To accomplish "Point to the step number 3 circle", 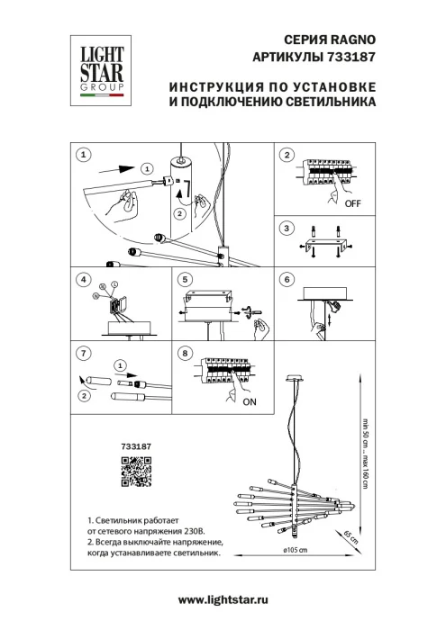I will [x=287, y=229].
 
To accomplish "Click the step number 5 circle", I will [x=185, y=280].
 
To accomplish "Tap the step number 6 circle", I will [x=287, y=280].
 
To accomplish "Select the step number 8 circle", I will [x=185, y=353].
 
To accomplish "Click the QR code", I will [x=135, y=472].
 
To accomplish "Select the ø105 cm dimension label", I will [x=296, y=550].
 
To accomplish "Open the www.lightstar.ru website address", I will [x=223, y=599].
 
